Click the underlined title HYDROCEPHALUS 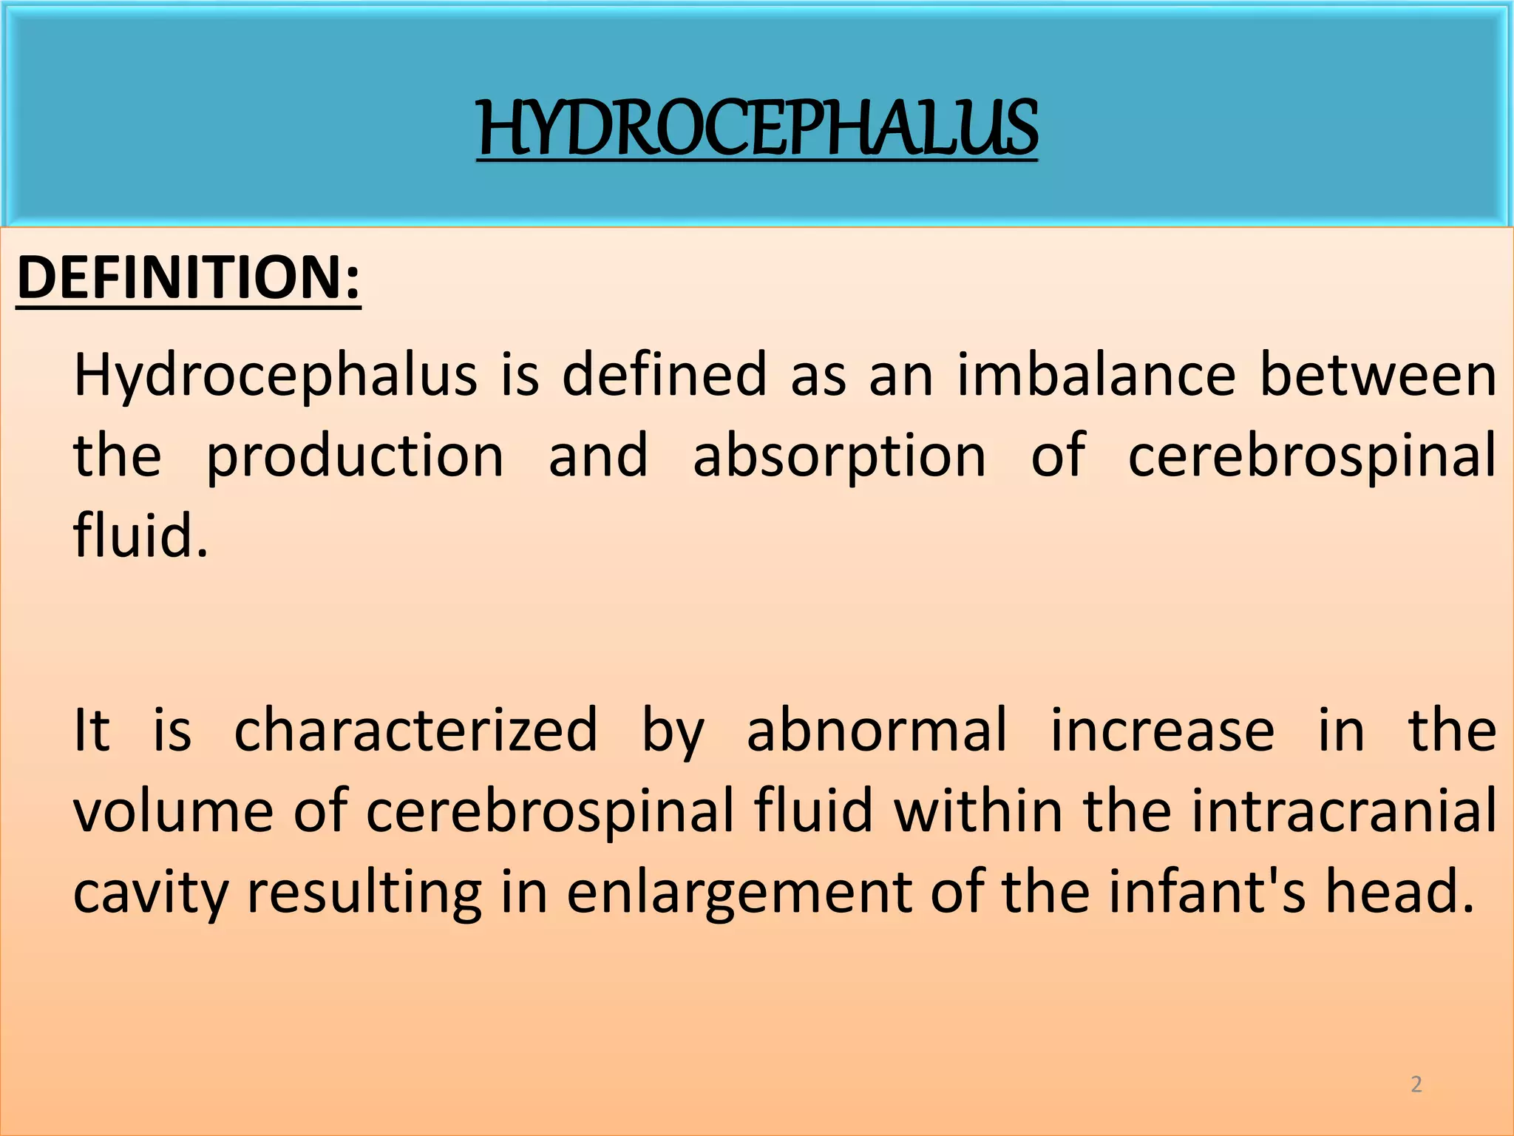757,129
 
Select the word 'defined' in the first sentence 664,375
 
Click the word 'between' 1378,375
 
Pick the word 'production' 355,456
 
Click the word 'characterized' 415,731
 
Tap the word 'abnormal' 877,730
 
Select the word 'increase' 1162,730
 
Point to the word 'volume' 173,811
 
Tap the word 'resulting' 364,893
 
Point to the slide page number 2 1416,1084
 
